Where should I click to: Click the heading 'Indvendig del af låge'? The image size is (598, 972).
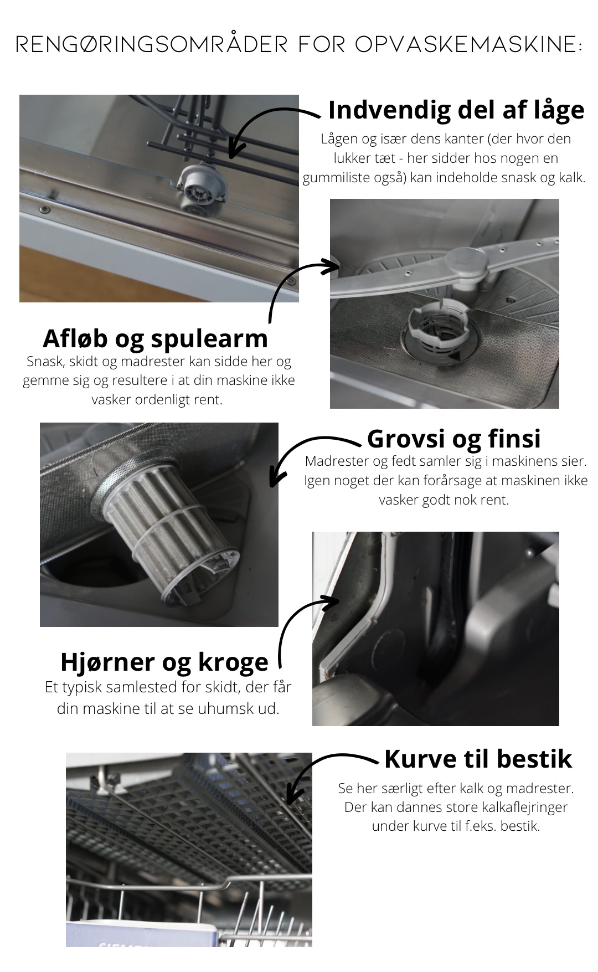(456, 110)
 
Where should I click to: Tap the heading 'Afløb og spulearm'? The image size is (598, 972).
(155, 338)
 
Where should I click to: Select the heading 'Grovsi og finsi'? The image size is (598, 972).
(453, 438)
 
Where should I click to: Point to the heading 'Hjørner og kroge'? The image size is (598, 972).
(164, 661)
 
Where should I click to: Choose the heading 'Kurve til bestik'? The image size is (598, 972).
(478, 759)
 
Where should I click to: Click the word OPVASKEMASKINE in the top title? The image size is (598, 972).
(468, 45)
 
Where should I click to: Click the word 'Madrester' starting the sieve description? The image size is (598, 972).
(332, 461)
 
